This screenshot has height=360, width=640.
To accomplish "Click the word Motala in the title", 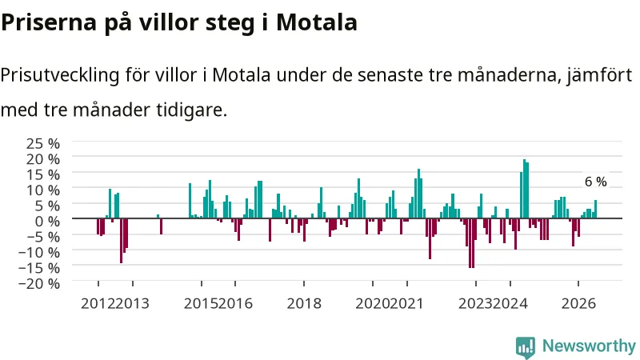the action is [316, 22].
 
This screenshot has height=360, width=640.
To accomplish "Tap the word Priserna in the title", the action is [49, 22].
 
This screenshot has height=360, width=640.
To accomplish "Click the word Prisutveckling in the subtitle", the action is [60, 75].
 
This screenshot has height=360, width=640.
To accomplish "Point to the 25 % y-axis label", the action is [43, 143].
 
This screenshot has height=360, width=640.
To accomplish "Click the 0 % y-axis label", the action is [47, 222].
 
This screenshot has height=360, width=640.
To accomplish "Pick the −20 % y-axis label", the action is [39, 283].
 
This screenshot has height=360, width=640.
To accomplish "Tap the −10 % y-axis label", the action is [39, 252].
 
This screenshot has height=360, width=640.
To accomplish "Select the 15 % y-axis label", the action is [43, 174].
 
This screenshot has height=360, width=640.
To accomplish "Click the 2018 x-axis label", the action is [304, 304].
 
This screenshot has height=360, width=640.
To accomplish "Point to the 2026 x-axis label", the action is [578, 304].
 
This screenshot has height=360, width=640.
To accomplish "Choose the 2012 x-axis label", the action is [98, 304].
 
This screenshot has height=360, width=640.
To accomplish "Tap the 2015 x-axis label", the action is [201, 304].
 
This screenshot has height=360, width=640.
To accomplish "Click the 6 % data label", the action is [596, 182].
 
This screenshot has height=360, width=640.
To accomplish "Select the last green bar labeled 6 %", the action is [595, 209].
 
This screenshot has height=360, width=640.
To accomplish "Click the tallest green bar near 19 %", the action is [524, 189].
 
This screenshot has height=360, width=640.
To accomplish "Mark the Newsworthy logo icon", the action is [526, 347].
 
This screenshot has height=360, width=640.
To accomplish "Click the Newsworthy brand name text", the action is [589, 346].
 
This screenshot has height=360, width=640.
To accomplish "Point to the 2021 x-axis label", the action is [407, 304].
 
